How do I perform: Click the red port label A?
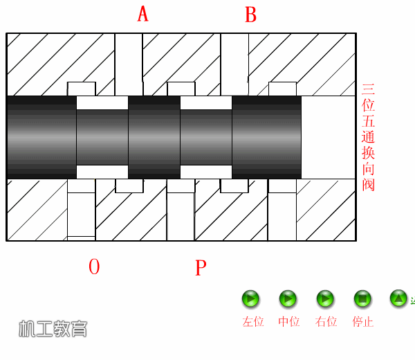(x=143, y=14)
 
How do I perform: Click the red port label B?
(x=250, y=15)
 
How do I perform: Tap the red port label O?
(x=94, y=267)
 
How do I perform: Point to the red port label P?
(x=201, y=267)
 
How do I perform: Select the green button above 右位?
(x=325, y=299)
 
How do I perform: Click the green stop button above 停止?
(x=362, y=299)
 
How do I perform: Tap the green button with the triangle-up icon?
(x=398, y=299)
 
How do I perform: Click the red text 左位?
(x=253, y=322)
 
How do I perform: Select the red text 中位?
(x=288, y=322)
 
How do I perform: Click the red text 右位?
(x=326, y=322)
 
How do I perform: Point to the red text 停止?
(x=363, y=322)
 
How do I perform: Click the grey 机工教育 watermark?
(x=53, y=329)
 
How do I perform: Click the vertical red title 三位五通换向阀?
(x=368, y=137)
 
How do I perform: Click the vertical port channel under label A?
(x=129, y=64)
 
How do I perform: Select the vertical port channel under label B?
(x=234, y=64)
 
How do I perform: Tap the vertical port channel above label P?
(x=181, y=210)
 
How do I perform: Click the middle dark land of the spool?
(x=154, y=137)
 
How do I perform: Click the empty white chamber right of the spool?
(x=328, y=137)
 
